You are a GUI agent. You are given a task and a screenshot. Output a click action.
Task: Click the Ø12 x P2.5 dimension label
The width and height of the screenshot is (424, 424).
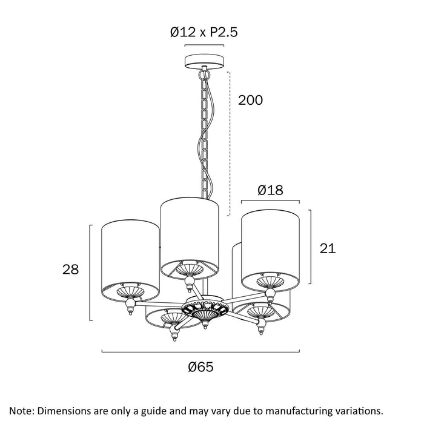204,32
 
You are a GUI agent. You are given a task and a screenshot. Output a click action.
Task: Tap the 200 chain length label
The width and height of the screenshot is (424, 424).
250,100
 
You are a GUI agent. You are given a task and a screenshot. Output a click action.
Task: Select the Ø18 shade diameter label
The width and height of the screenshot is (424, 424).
270,190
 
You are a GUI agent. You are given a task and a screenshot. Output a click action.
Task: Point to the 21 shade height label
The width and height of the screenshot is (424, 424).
328,248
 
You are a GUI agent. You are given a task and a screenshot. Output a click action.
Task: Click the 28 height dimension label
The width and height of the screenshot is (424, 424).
71,270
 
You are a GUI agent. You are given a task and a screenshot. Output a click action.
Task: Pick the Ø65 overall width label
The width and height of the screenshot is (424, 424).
200,366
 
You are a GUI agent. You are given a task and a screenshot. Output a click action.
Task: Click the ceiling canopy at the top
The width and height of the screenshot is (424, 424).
205,61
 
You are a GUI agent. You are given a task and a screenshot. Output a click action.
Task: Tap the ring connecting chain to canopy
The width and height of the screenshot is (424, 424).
205,73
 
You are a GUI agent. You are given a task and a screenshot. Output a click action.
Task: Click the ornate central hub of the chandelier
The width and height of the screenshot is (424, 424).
205,308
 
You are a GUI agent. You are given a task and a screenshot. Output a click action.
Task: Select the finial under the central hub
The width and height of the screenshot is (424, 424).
205,325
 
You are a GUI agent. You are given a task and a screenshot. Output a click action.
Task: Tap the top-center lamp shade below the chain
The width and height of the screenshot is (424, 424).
189,238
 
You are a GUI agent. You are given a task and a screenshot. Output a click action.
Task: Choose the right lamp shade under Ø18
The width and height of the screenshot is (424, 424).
270,250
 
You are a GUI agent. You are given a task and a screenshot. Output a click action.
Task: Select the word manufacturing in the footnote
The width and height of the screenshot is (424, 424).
295,411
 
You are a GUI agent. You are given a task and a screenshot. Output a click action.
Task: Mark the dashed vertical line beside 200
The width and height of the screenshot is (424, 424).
230,144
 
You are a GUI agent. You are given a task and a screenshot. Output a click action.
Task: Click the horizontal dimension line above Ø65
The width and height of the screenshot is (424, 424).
200,351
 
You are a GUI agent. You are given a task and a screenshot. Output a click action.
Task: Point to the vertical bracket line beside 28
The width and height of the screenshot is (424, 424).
90,273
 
